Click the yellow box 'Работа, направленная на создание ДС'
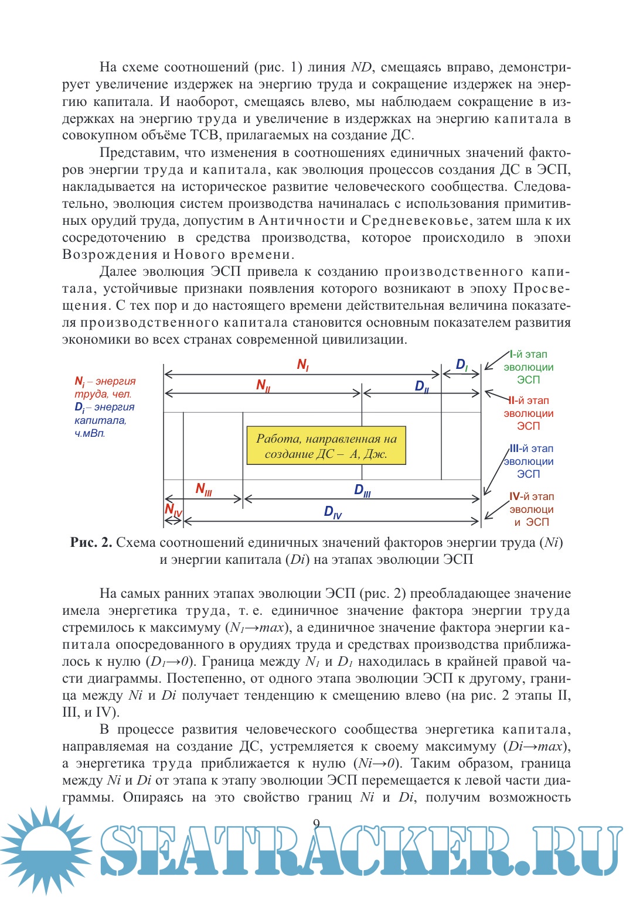click(326, 446)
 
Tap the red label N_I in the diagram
click(303, 365)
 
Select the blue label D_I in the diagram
click(462, 365)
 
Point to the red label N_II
click(263, 385)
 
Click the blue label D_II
click(422, 386)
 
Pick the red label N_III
click(203, 489)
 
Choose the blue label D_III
click(362, 491)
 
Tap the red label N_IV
click(173, 510)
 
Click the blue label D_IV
click(332, 512)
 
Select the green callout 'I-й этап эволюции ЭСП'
click(528, 367)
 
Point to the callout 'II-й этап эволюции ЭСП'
click(528, 413)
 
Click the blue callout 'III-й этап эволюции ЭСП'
click(529, 461)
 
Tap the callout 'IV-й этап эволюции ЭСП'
click(531, 509)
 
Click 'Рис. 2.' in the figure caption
click(91, 543)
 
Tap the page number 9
click(316, 824)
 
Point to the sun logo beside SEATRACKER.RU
click(44, 849)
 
